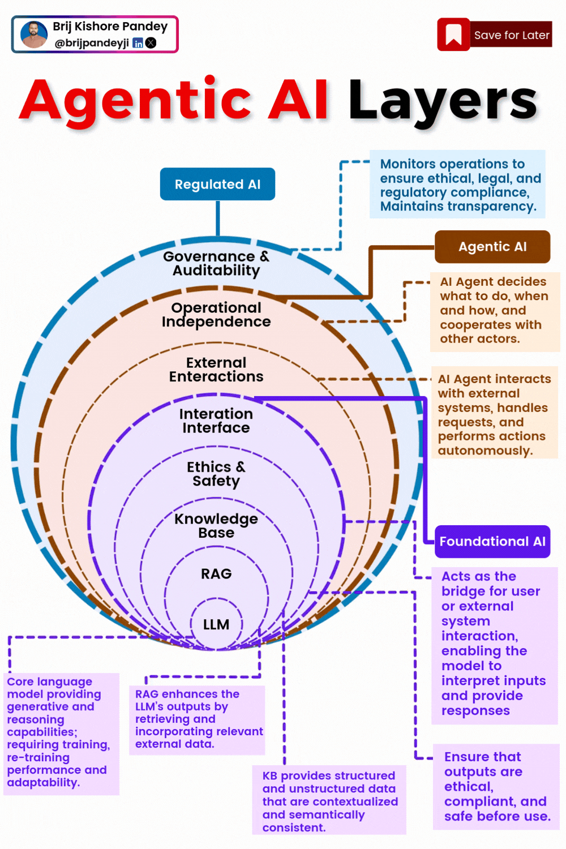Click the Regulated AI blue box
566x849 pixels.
(x=217, y=185)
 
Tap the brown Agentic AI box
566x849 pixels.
(x=492, y=247)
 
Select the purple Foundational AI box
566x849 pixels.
(x=492, y=542)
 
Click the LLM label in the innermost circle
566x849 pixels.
(x=216, y=624)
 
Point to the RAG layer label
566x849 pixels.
(x=216, y=574)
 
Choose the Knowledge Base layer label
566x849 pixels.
(x=216, y=526)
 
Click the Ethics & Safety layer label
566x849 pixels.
(x=216, y=474)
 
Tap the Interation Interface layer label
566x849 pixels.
(x=216, y=421)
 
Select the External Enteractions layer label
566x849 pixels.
(x=216, y=370)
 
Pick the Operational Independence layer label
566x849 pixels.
(x=216, y=315)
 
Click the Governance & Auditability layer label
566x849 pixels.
(x=216, y=263)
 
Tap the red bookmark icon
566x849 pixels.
(x=453, y=35)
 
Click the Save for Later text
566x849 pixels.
(x=512, y=35)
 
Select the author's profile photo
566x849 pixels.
(x=34, y=35)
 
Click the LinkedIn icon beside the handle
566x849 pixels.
(x=138, y=43)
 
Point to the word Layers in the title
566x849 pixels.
(x=443, y=101)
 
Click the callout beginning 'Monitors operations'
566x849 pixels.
(x=457, y=185)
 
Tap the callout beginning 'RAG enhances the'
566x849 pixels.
(x=197, y=719)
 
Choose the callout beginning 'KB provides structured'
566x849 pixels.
(x=329, y=801)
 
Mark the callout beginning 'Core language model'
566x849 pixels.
(x=61, y=732)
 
